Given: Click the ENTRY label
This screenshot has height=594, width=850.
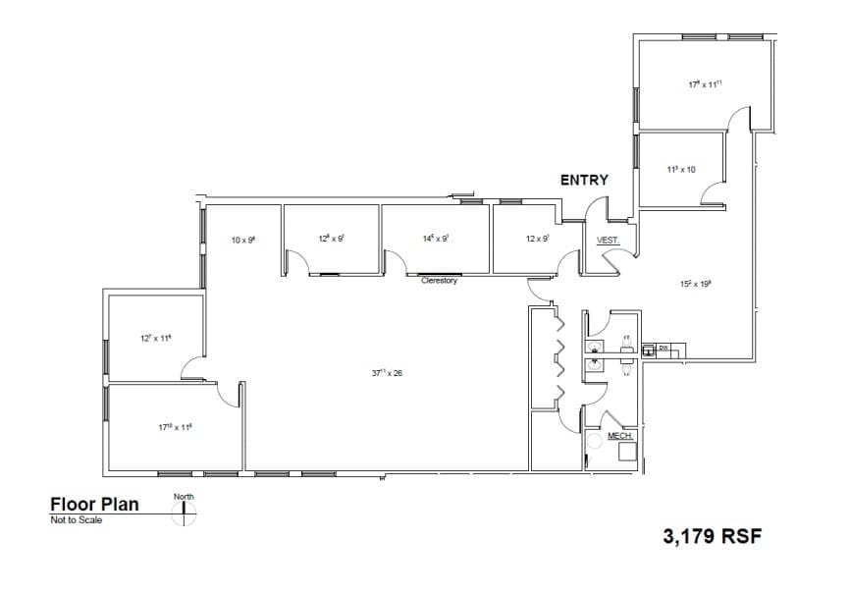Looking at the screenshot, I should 584,180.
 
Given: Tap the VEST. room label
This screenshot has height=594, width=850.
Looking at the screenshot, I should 607,240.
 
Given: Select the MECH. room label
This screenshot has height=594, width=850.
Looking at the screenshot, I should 619,434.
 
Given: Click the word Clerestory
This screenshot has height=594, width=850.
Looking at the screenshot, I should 439,281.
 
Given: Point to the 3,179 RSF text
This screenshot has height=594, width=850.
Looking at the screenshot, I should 714,536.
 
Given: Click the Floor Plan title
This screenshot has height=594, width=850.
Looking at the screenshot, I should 94,505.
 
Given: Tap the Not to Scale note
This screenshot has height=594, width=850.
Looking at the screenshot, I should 76,520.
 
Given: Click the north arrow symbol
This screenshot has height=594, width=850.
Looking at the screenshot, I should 184,513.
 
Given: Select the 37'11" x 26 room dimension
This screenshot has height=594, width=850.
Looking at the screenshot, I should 388,373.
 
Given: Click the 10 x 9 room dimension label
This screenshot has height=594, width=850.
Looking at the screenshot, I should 242,240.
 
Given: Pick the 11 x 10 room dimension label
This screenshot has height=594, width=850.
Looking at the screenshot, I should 680,170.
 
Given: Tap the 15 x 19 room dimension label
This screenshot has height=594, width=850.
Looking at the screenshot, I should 695,283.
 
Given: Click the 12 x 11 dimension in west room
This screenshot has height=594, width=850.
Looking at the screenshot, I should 155,339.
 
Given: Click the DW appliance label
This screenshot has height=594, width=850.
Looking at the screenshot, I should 663,348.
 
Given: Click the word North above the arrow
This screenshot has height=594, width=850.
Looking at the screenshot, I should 184,497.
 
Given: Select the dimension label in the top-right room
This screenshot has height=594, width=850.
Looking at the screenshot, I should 705,85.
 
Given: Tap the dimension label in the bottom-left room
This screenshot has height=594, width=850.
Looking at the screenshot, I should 175,427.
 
